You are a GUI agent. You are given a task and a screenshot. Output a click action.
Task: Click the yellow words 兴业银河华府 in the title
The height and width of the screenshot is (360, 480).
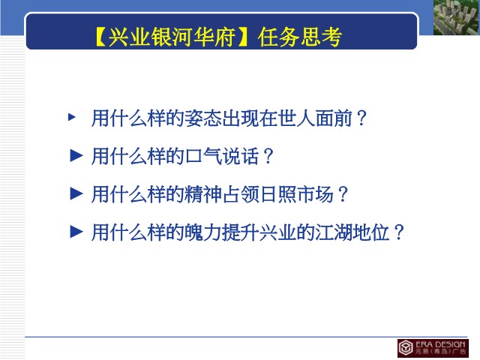172,37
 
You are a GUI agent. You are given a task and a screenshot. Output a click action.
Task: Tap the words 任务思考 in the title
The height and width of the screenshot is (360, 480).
300,37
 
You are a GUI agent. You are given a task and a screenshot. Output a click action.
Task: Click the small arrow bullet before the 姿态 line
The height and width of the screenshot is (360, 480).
72,117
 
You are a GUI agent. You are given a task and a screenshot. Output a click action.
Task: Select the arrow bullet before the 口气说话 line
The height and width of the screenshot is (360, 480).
76,155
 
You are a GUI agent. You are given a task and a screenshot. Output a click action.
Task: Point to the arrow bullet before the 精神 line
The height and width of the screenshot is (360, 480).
76,193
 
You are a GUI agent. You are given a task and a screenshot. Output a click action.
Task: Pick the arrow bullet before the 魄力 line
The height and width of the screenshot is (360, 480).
76,232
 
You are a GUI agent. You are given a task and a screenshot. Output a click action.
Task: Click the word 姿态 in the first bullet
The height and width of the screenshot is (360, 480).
203,118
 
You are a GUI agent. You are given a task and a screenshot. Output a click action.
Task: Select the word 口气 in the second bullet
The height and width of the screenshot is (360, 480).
203,156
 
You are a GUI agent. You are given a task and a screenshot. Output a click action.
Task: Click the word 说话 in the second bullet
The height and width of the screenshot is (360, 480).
241,156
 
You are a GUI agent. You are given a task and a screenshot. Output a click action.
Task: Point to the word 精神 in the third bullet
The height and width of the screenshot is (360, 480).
203,194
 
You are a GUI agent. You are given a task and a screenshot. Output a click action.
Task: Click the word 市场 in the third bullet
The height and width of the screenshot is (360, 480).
316,194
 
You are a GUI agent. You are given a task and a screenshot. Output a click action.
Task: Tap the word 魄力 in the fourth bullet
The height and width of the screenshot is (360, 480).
203,232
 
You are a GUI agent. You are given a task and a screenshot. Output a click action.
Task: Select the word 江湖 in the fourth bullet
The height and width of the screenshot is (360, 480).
334,232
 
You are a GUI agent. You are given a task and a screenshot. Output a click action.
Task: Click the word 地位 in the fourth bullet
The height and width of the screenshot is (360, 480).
372,232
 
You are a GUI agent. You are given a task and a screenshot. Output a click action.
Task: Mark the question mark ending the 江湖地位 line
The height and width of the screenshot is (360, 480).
399,232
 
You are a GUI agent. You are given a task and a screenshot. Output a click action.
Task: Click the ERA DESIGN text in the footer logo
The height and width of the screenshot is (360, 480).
440,344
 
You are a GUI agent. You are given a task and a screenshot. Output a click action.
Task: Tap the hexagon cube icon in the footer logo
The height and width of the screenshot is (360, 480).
406,348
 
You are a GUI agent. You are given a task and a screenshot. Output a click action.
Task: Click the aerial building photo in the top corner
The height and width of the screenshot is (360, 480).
457,17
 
